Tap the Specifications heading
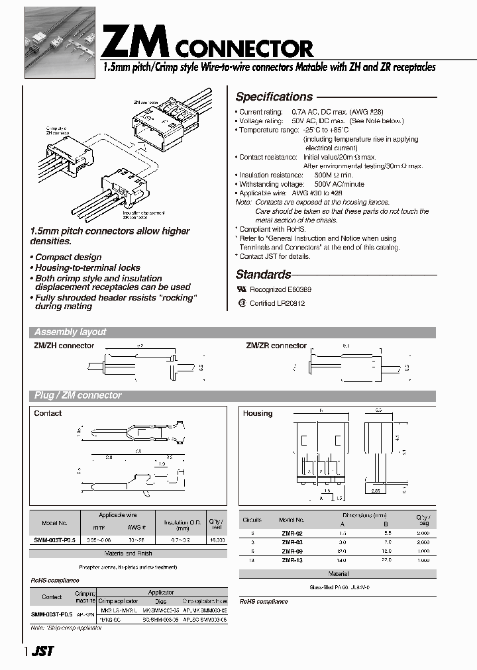point(274,97)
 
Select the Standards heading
point(263,274)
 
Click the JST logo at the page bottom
point(42,651)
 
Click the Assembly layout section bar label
point(70,332)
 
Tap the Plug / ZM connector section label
point(78,396)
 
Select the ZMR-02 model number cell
point(292,532)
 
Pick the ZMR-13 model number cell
point(292,560)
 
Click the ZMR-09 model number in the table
point(292,551)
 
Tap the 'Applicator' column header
point(161,593)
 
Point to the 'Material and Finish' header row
point(129,553)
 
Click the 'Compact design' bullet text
point(68,257)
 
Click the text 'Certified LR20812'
point(277,303)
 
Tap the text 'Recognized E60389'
point(280,289)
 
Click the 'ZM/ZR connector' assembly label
point(276,346)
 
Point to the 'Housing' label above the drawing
point(258,413)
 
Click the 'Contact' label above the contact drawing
point(48,413)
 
